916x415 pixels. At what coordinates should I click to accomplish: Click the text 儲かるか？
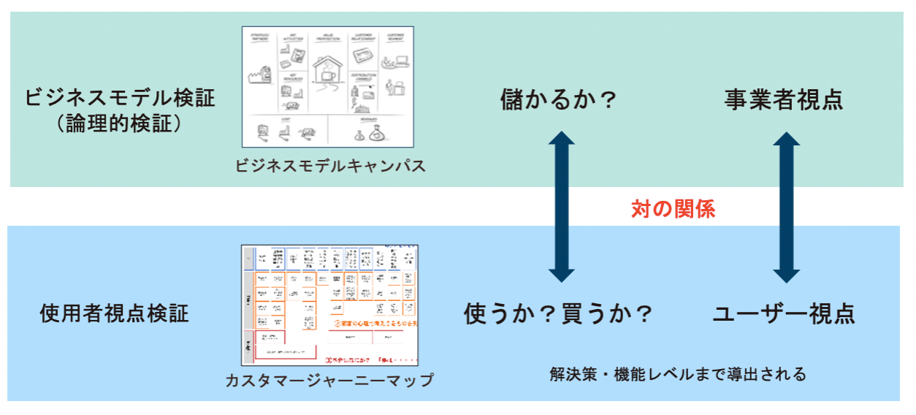559,100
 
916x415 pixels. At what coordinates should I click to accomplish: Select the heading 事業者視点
784,100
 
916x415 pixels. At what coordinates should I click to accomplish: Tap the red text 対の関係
673,210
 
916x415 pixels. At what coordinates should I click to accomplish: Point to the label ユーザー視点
784,313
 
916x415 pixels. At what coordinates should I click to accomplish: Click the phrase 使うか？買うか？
559,313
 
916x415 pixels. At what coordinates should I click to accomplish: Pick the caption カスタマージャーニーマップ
329,380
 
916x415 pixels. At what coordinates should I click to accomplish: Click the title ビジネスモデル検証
121,98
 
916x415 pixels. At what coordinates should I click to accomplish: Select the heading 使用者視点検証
114,313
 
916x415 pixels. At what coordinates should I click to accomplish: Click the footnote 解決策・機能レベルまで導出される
678,375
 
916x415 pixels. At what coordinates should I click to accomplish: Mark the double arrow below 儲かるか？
562,207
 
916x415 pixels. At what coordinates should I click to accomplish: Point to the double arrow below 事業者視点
787,207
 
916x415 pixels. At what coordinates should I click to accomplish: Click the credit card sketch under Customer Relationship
364,56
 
